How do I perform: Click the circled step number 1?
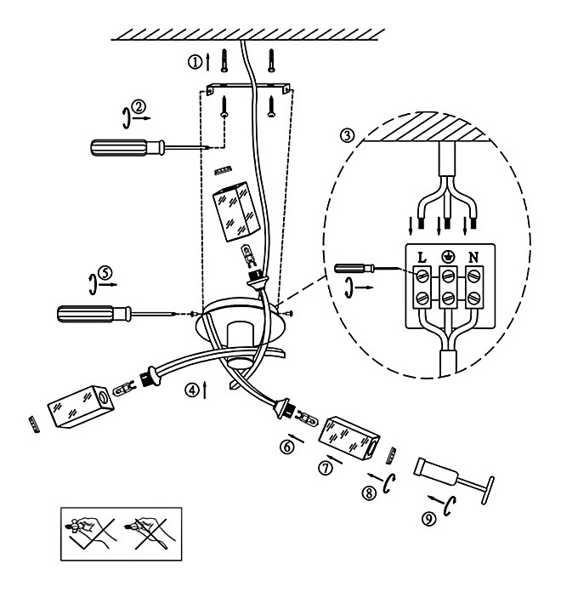195,62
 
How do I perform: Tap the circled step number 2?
139,107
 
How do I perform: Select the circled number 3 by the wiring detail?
347,135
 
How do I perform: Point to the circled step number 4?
192,390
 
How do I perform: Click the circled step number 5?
105,272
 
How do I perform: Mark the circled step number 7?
326,468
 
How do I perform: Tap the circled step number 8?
369,493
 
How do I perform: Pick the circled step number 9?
428,518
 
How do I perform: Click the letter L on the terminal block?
422,258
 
